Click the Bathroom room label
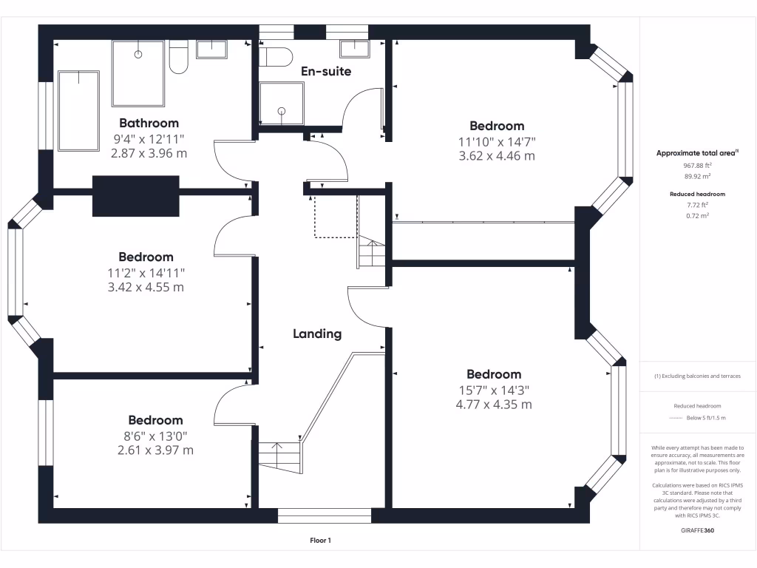[149, 123]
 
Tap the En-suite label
[325, 71]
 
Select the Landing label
[317, 334]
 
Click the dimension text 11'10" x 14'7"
[497, 141]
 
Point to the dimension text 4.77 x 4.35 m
[494, 405]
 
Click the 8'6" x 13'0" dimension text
[155, 436]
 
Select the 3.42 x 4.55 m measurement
[146, 287]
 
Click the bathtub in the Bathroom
[78, 111]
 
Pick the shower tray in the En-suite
[281, 104]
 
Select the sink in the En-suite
[355, 48]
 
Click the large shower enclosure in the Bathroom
[138, 73]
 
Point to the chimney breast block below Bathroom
[136, 196]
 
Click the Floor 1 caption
[320, 541]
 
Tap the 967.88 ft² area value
[697, 166]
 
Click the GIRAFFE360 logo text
[697, 530]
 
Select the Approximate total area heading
[697, 153]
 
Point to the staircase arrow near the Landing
[278, 446]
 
